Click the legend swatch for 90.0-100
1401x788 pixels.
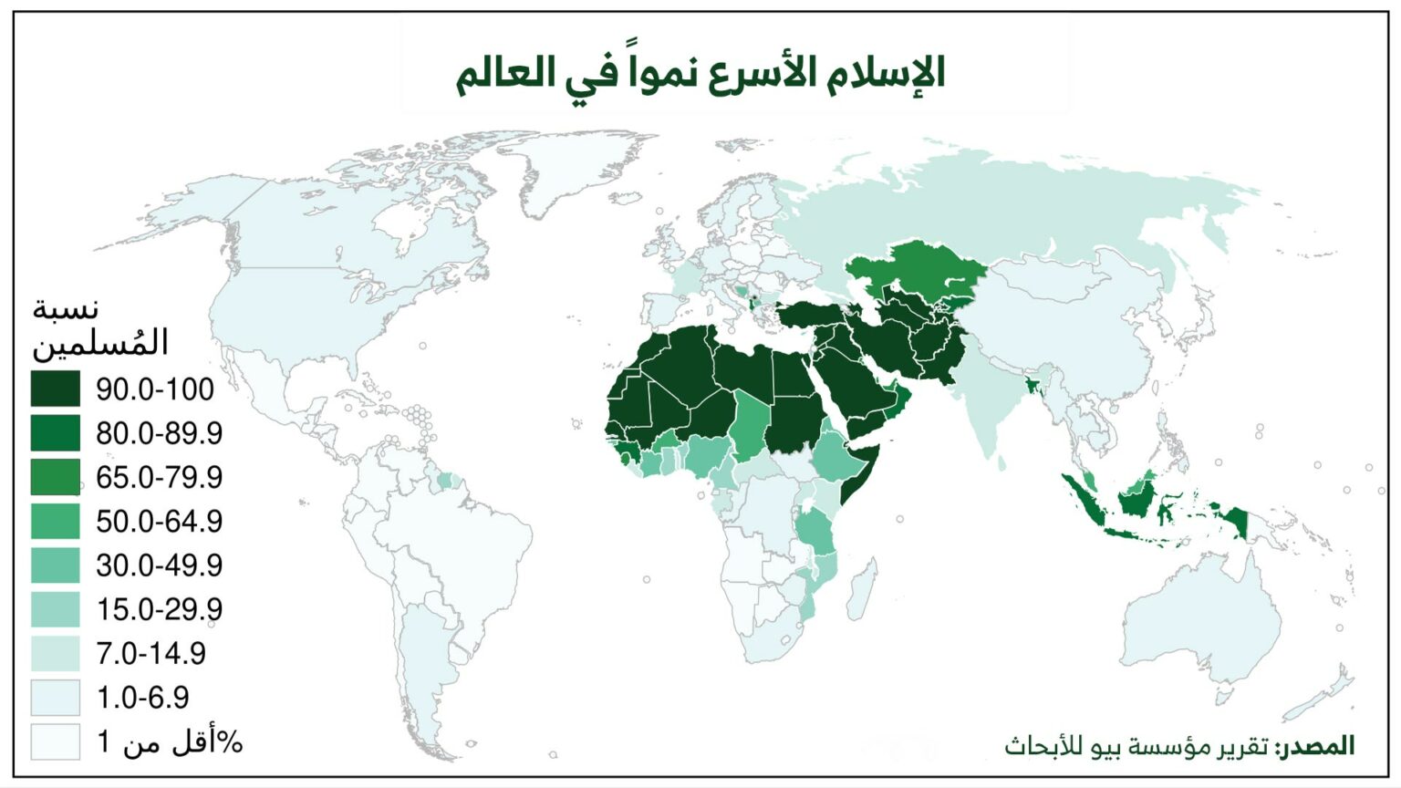coord(56,389)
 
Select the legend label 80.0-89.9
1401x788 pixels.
coord(159,433)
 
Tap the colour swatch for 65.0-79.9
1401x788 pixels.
coord(56,477)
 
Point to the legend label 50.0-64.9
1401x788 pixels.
coord(159,521)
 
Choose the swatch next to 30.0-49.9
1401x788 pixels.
coord(56,565)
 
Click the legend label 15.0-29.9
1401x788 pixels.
coord(159,609)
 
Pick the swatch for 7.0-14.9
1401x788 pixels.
coord(56,653)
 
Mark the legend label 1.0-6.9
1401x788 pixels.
coord(142,698)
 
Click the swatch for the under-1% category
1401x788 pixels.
coord(56,741)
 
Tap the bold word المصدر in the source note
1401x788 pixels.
coord(1314,746)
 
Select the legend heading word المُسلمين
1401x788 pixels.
coord(100,342)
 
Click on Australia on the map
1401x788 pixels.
coord(1204,620)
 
